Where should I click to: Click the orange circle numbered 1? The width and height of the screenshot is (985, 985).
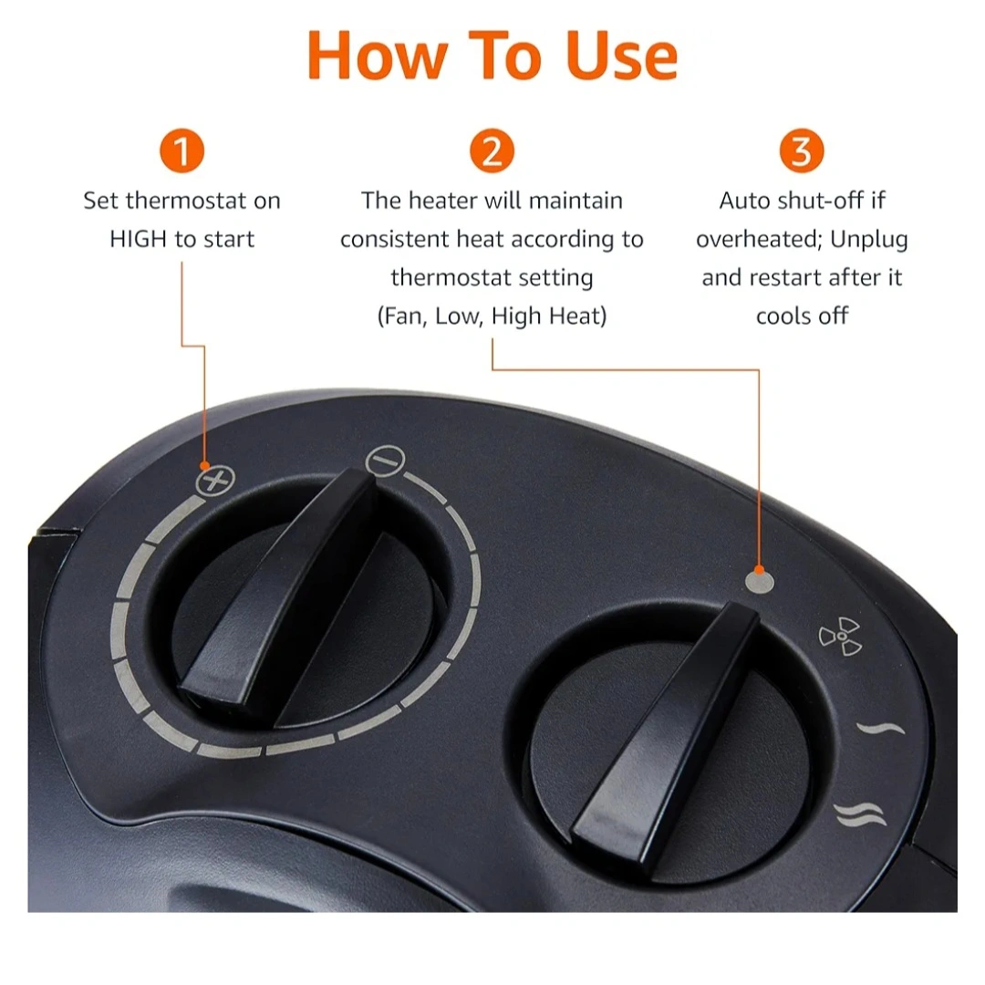click(182, 150)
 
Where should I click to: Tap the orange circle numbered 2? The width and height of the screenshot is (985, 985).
click(492, 150)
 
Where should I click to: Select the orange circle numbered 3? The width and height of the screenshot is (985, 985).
click(802, 150)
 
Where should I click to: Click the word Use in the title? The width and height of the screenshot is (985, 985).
click(622, 56)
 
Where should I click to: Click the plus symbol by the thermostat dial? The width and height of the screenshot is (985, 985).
click(215, 482)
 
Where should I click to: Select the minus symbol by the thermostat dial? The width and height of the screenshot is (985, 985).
click(385, 461)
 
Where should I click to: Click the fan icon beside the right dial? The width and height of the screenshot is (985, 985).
click(840, 637)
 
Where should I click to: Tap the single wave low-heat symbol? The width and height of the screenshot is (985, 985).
click(881, 730)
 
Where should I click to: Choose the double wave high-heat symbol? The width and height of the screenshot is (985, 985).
click(860, 814)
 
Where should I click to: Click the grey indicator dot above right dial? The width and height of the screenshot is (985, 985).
click(760, 582)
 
